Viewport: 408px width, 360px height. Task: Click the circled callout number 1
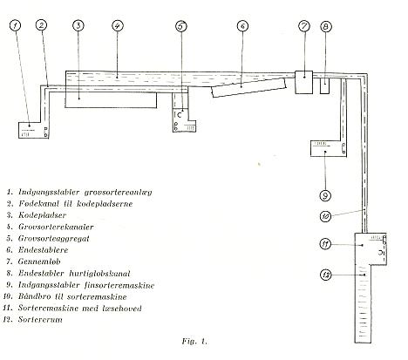[16, 25]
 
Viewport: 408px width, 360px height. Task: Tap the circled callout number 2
[42, 25]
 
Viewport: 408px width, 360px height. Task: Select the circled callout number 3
[78, 25]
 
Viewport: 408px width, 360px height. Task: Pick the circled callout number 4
[118, 25]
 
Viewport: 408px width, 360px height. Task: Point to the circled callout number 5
[181, 26]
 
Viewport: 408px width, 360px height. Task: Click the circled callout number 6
[242, 26]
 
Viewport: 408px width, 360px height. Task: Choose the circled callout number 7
[304, 26]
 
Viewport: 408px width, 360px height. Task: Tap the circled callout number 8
[326, 27]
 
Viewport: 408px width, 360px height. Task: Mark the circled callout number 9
[325, 195]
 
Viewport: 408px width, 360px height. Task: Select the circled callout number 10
[325, 216]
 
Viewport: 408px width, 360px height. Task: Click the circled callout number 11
[325, 244]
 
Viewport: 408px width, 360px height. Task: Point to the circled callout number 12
[326, 275]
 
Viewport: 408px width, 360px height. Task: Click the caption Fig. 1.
[194, 341]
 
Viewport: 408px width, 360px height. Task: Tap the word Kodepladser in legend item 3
[43, 215]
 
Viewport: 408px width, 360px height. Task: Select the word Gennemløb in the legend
[39, 262]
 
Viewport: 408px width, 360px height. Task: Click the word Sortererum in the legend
[40, 320]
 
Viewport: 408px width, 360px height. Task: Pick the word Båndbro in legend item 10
[39, 296]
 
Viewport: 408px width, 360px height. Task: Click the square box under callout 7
[304, 82]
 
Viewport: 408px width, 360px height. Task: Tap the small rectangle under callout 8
[324, 86]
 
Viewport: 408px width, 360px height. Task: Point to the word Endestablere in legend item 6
[43, 250]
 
